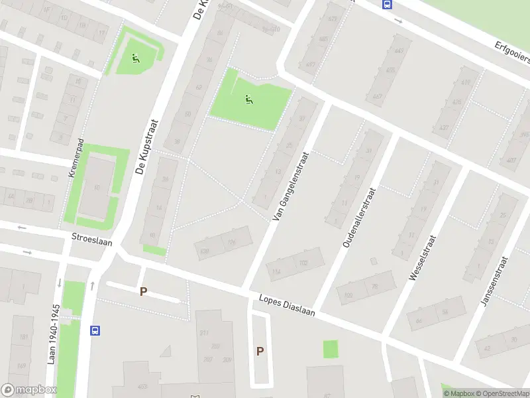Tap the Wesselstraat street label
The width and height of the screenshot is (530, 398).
click(423, 257)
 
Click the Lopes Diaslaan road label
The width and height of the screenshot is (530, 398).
click(287, 304)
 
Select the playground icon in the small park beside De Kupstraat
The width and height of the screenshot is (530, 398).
click(136, 58)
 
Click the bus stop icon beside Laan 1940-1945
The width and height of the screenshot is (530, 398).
click(96, 330)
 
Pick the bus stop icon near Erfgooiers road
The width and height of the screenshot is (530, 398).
click(386, 4)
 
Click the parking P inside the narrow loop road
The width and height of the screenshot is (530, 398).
click(260, 352)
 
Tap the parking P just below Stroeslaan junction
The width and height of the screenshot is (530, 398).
click(143, 291)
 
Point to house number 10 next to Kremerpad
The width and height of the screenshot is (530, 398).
click(97, 188)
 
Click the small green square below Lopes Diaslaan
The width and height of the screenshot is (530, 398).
click(330, 349)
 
